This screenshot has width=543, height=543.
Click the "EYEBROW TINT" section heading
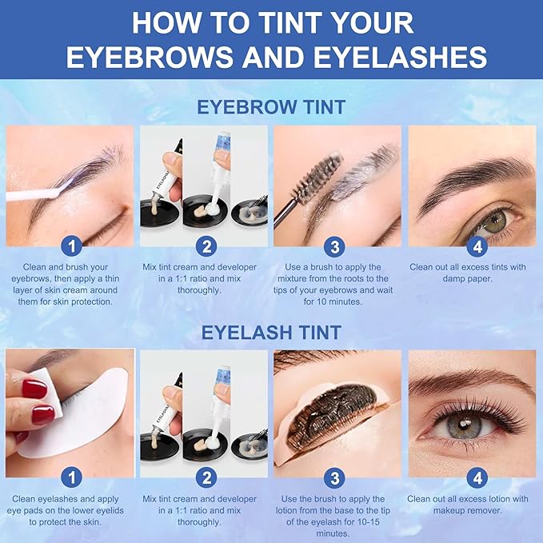271,106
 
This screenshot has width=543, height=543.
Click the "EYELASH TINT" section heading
271,333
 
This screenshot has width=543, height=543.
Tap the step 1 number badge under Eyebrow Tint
71,246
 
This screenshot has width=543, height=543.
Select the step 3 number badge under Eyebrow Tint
334,246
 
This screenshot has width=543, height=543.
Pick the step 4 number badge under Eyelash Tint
477,478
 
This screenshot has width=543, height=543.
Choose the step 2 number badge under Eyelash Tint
206,478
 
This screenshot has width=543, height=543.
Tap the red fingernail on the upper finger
34,389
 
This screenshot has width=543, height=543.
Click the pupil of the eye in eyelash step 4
464,424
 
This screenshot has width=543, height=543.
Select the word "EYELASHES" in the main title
401,57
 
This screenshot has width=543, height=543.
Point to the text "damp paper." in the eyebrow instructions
467,278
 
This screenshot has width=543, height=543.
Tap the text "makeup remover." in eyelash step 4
467,510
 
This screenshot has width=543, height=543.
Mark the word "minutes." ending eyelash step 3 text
333,533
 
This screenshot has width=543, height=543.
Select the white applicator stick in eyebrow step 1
33,194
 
